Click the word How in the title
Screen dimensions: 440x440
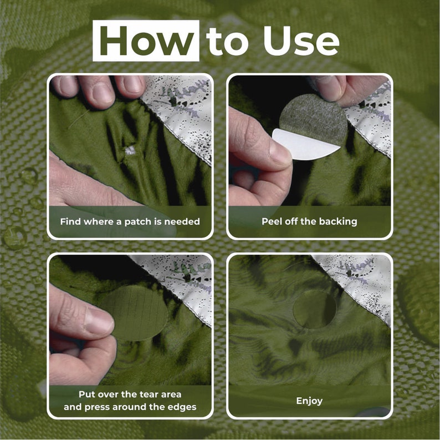146,40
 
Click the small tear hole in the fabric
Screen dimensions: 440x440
130,150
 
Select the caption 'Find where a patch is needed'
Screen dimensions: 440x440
130,222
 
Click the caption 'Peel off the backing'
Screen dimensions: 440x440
309,222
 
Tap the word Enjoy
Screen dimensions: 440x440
309,401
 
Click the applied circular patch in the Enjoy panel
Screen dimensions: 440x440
315,309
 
